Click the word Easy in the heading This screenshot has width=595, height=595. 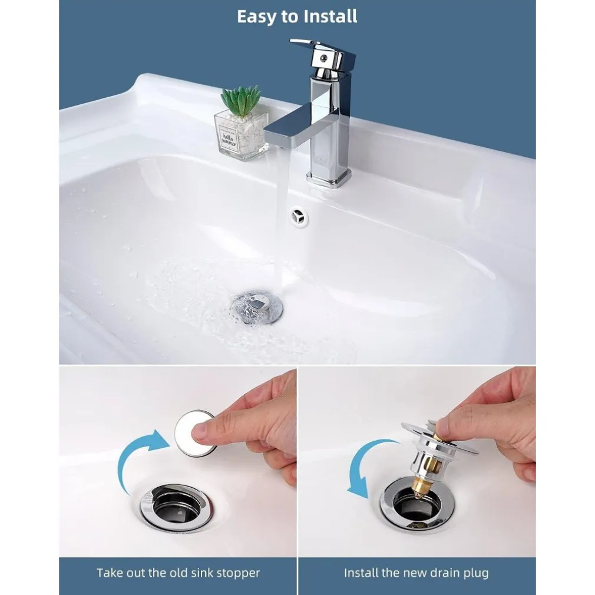tap(257, 16)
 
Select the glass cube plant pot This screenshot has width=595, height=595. tap(241, 135)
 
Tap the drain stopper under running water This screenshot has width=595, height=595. tap(257, 305)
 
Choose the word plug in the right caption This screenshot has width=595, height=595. tap(476, 573)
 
